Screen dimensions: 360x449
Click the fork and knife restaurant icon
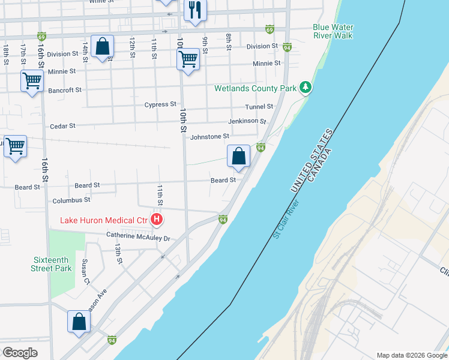coord(195,10)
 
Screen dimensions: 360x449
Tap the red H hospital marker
coord(156,220)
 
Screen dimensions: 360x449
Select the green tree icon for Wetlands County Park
coord(306,88)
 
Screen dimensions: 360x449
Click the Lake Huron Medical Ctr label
coord(104,220)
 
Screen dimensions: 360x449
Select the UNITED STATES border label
coord(312,161)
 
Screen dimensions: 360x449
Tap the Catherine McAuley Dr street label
coord(139,238)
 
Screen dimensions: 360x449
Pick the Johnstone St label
coord(209,137)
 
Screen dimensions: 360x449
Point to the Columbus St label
coord(71,200)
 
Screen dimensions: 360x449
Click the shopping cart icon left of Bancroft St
coord(31,80)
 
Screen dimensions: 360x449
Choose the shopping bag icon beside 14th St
coord(103,47)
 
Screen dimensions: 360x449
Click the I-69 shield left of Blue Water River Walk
coord(270,29)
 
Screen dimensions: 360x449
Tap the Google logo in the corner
coord(19,352)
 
